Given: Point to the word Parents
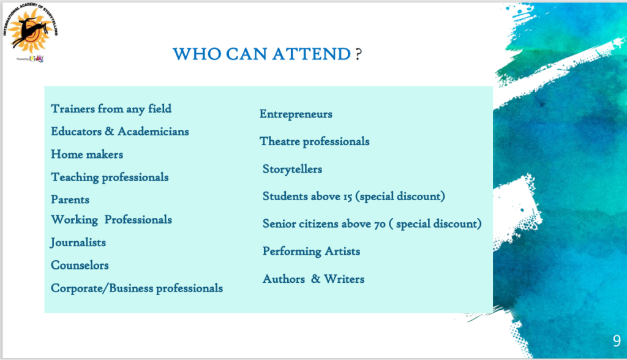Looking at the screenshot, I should pos(70,200).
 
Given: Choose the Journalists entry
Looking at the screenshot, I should pos(78,242).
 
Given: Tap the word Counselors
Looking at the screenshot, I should pos(80,265).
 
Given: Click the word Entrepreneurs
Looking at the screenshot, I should pos(296,114).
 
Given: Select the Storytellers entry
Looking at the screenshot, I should pos(292,169).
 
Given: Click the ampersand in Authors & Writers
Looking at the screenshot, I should pos(315,279).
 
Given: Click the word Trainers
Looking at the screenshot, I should pos(73,109).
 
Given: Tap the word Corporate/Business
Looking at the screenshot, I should pos(102,288).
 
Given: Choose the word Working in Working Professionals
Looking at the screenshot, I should pos(74,220).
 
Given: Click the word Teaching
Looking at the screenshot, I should pos(75,177).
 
